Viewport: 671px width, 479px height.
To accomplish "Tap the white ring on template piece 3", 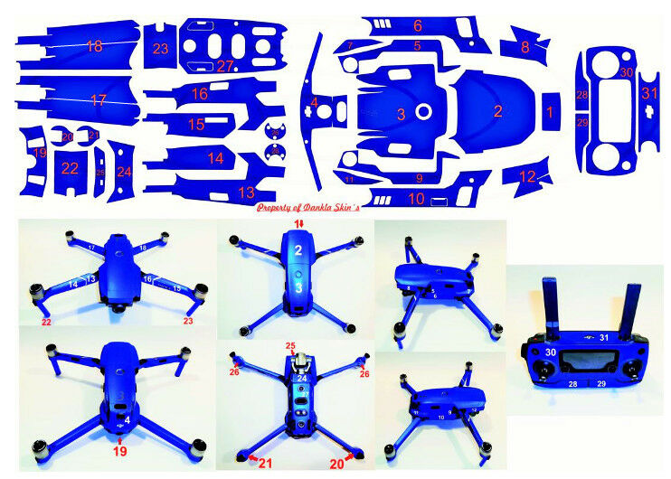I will tap(423, 113).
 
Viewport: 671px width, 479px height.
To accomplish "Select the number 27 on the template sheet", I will tap(224, 66).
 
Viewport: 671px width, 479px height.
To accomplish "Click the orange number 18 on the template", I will tap(94, 46).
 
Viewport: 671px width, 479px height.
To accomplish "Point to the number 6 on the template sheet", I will tap(418, 25).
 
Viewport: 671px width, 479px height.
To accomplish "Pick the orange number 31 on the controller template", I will tap(649, 92).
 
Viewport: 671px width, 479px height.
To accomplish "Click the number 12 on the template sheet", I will tap(527, 177).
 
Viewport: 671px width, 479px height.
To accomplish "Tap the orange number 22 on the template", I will tap(70, 168).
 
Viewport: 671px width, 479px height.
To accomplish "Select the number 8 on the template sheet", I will tap(525, 46).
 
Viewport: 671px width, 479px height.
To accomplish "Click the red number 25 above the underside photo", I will tap(290, 346).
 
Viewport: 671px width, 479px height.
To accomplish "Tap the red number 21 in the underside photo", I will tap(266, 463).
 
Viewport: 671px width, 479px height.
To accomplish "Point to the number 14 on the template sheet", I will tap(214, 157).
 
